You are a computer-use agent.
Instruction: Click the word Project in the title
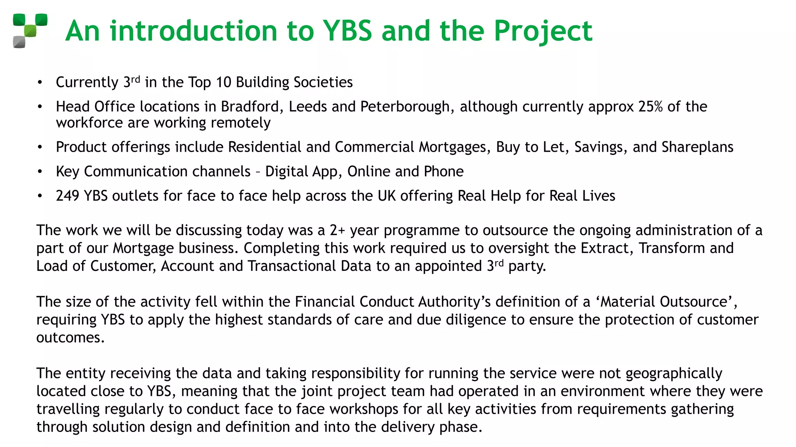click(x=543, y=31)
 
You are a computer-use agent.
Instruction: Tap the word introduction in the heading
click(x=193, y=31)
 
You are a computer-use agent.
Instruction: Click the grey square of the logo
click(x=19, y=42)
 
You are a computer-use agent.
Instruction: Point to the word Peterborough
click(x=405, y=107)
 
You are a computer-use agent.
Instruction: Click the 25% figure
click(x=650, y=107)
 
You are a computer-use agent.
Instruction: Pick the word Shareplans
click(x=697, y=147)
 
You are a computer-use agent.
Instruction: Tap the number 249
click(x=68, y=196)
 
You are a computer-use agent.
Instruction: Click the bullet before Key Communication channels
click(x=40, y=172)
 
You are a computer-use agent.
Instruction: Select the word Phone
click(x=443, y=172)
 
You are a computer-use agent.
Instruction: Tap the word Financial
click(x=325, y=302)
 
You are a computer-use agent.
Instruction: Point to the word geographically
click(x=674, y=373)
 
